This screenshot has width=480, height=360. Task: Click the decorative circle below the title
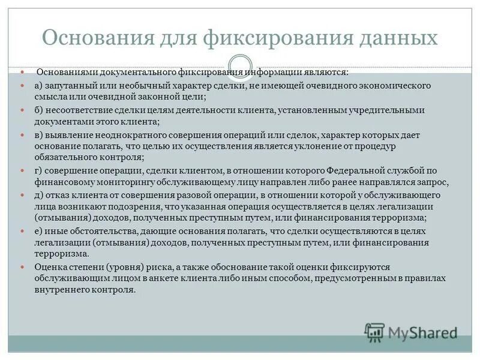tap(240, 65)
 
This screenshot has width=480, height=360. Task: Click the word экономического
tap(390, 86)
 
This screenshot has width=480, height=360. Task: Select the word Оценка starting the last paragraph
tap(51, 268)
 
